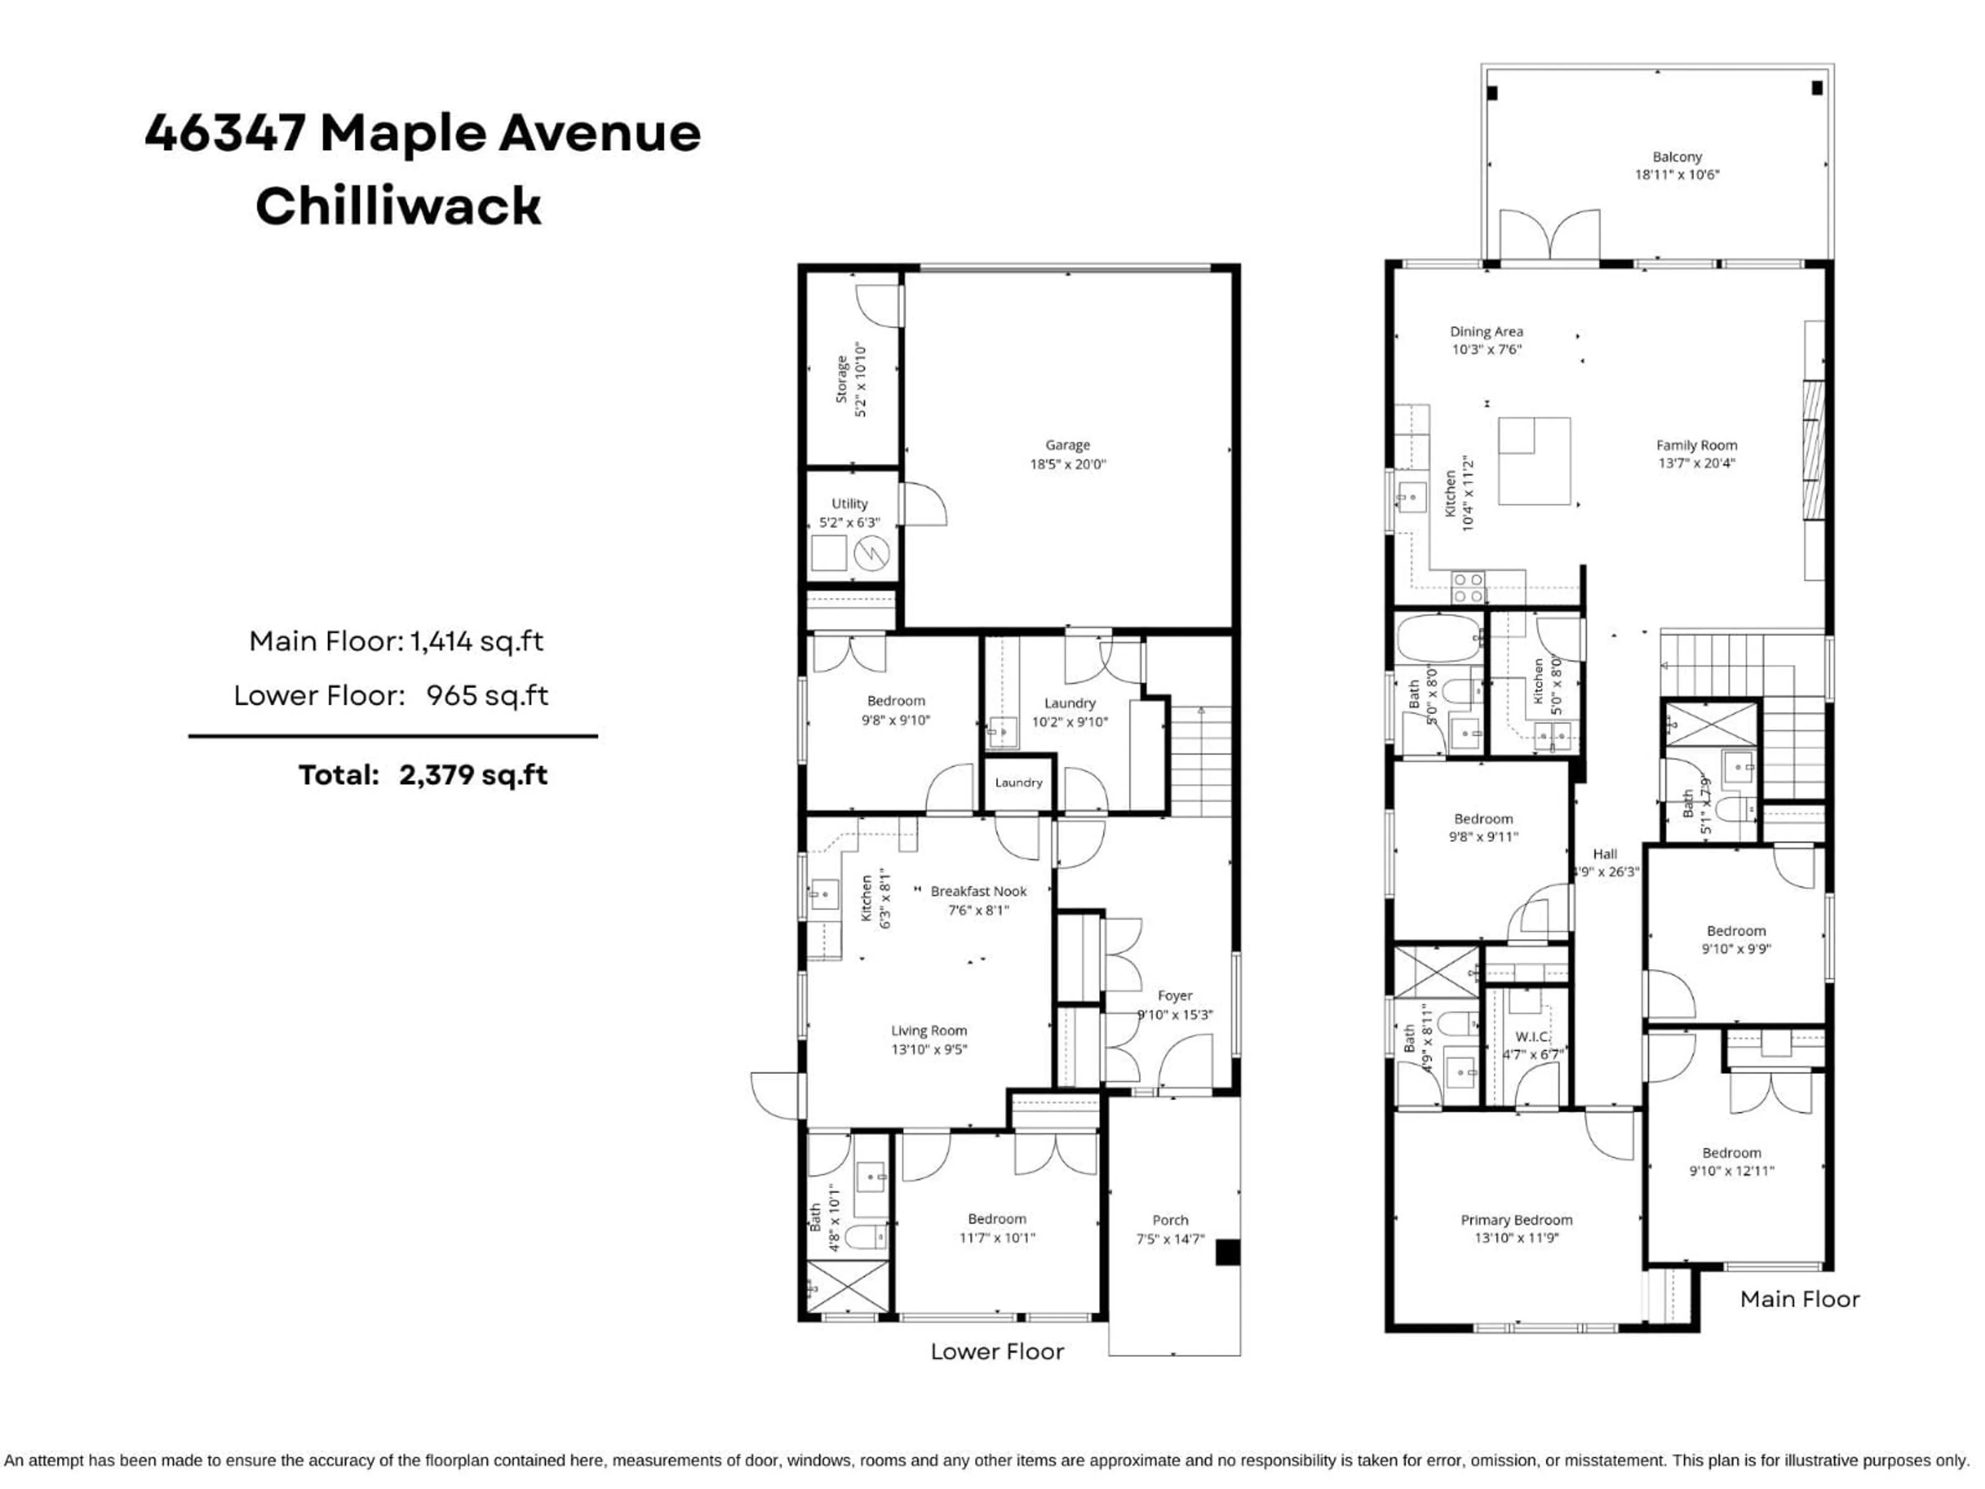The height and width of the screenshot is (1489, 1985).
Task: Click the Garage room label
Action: click(x=1067, y=445)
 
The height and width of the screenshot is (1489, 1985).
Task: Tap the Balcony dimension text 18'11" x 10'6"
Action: click(x=1676, y=175)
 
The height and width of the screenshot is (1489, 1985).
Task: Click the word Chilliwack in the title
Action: click(x=399, y=206)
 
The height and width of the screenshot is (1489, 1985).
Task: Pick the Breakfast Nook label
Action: click(x=978, y=891)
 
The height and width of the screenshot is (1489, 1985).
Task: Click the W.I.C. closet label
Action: click(x=1533, y=1037)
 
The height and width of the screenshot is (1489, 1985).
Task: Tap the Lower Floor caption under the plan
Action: click(x=997, y=1351)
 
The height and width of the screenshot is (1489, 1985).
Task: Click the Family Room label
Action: click(x=1696, y=445)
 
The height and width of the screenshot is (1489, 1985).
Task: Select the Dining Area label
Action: click(x=1486, y=331)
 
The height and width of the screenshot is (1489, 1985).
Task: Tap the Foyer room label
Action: click(x=1174, y=995)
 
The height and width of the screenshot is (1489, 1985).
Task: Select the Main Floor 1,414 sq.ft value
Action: click(x=477, y=641)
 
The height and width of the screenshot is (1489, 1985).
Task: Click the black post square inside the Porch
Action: click(x=1227, y=1252)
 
